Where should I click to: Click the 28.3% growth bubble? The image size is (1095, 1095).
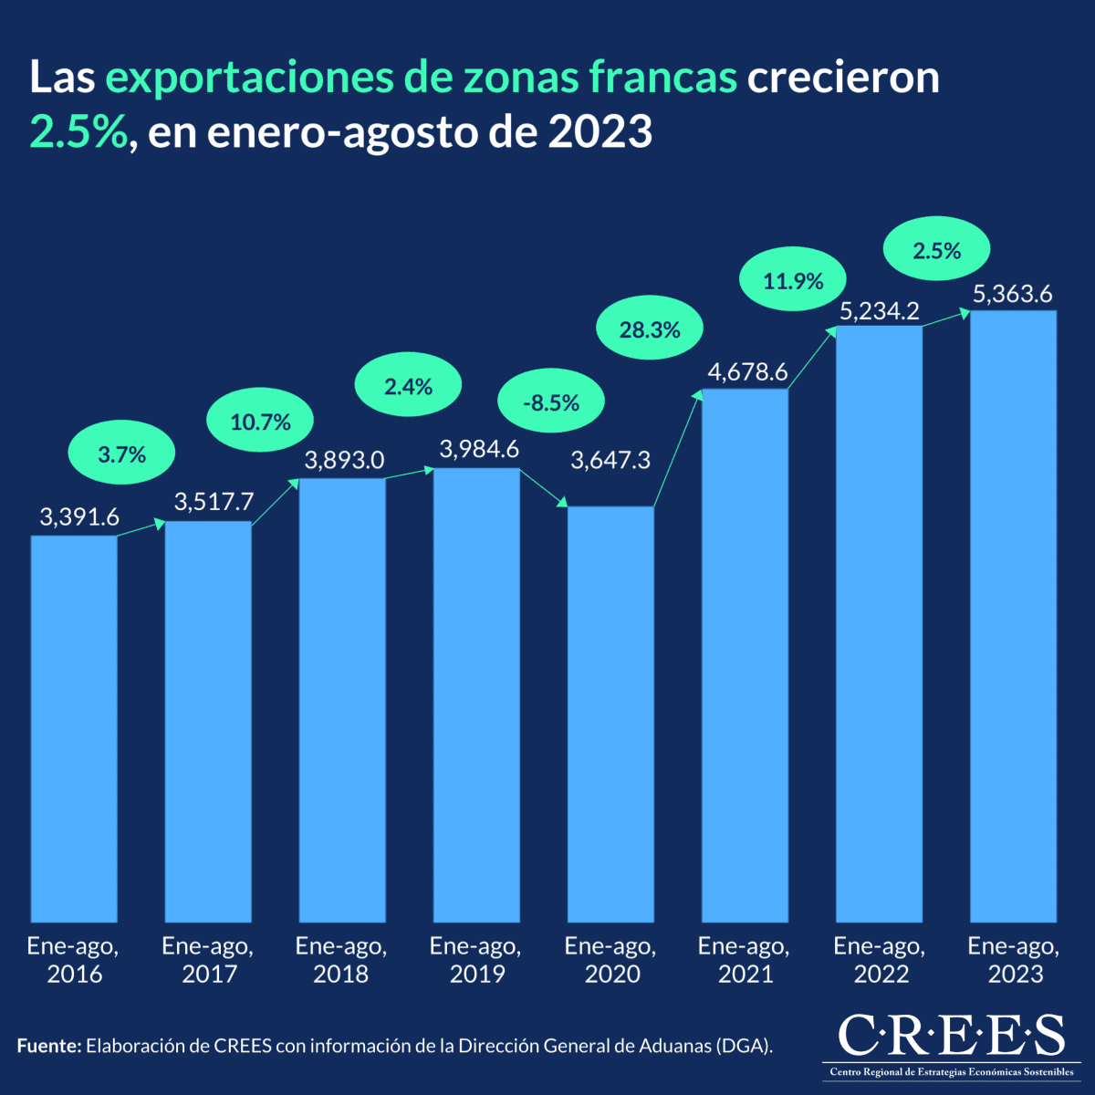650,330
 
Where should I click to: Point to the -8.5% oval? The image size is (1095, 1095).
551,402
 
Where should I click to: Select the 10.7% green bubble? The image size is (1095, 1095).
261,422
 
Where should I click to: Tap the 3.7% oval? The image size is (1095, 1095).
121,454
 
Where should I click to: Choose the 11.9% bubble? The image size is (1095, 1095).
793,281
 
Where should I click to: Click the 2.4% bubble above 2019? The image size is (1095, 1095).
408,387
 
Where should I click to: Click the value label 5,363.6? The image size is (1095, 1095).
1012,294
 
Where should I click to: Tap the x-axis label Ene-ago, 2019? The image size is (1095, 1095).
475,960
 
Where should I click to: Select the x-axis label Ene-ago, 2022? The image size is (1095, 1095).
880,960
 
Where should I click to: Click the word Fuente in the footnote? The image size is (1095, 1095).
48,1046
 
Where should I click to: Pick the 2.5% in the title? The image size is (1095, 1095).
78,132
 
